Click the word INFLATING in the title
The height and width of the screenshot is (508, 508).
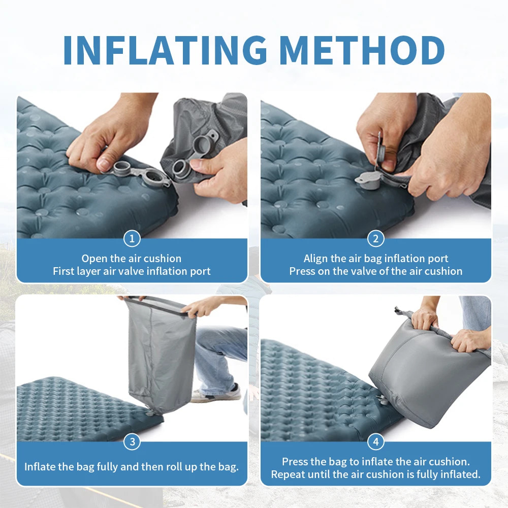point(166,50)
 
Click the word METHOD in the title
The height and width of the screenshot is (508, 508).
point(362,50)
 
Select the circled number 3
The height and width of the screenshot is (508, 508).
point(132,442)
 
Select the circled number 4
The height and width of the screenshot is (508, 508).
point(376,442)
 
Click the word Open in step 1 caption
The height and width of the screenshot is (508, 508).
point(94,259)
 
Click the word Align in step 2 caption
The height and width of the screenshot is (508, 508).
point(316,259)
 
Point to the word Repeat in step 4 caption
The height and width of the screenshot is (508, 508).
point(288,474)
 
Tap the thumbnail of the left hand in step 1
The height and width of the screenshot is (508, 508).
point(103,164)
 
